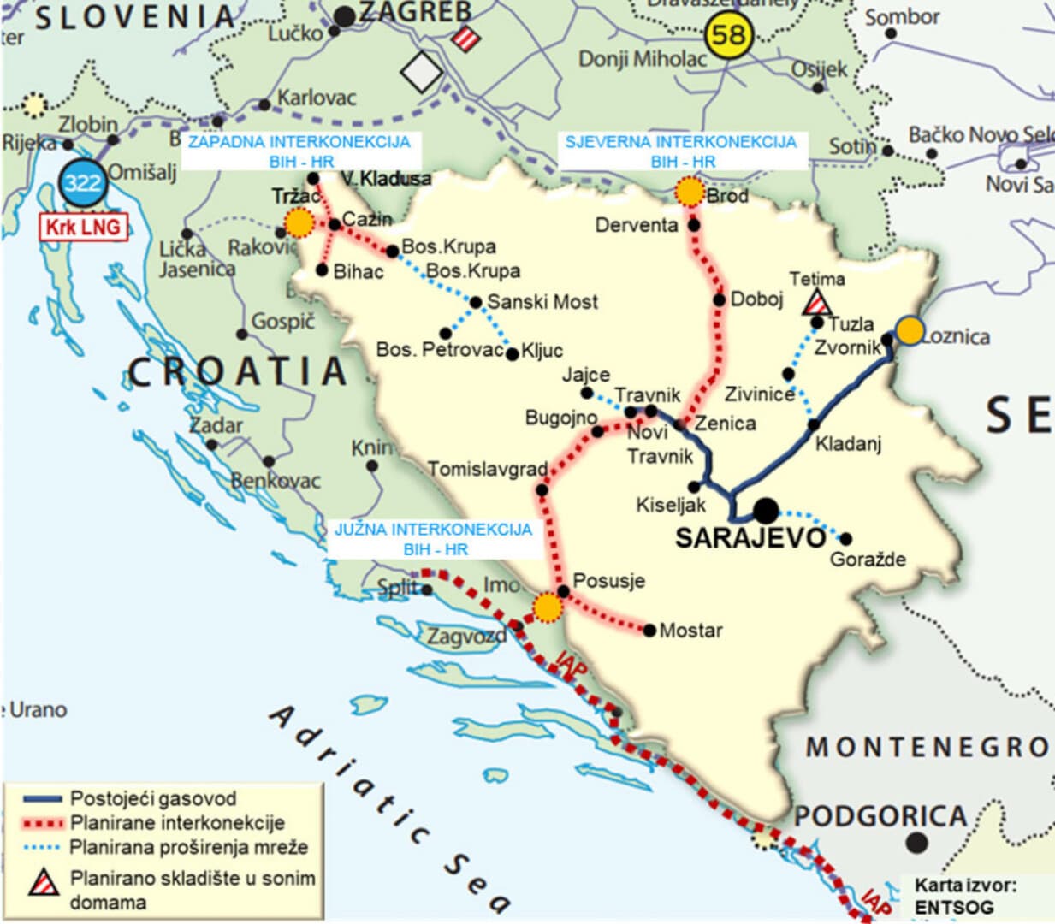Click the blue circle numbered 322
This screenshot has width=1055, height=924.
point(82,182)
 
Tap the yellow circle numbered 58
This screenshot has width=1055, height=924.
point(728,35)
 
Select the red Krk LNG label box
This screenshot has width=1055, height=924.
point(83,228)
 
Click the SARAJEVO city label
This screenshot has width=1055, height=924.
point(750,538)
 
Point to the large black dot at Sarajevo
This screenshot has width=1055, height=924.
point(766,511)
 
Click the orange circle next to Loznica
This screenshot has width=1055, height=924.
point(910,330)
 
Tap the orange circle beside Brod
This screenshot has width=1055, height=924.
point(689,192)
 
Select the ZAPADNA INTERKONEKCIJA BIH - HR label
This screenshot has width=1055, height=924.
point(299,151)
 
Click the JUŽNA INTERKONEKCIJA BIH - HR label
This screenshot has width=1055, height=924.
point(433,539)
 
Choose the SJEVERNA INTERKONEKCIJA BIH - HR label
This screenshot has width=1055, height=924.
point(681,151)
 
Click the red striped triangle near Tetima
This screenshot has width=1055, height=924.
point(818,302)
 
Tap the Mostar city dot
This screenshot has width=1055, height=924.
point(649,631)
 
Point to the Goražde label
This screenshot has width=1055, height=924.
point(868,560)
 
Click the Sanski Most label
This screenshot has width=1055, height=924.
point(542,302)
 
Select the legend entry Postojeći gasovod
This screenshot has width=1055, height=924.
point(153,799)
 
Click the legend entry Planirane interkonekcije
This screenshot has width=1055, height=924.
point(177,823)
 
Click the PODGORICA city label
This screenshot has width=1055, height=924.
point(880,816)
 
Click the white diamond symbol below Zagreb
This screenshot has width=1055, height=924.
point(421,72)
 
